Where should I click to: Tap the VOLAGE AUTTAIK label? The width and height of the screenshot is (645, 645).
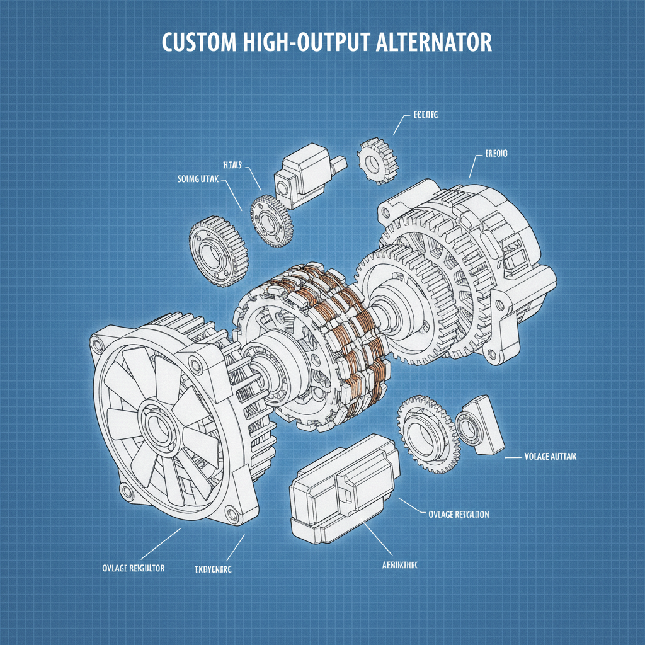[550, 455]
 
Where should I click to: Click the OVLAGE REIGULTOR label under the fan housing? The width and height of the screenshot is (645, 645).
[133, 568]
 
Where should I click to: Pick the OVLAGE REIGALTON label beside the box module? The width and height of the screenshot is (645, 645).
[458, 514]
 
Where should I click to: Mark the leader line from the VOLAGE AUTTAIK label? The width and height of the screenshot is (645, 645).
[513, 455]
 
